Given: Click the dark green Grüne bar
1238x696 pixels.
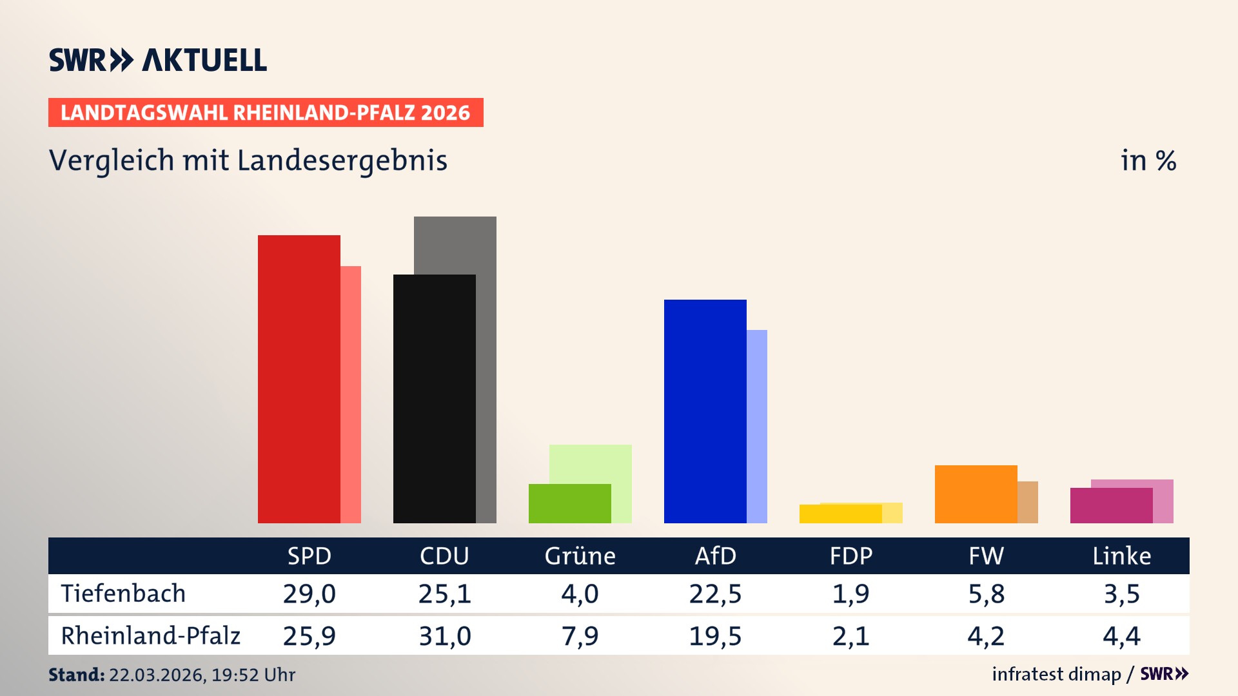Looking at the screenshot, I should [569, 503].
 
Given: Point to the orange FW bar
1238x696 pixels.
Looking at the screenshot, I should [976, 494].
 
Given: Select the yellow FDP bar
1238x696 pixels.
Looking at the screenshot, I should [840, 514].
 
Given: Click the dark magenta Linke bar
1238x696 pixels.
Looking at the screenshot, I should [1111, 505].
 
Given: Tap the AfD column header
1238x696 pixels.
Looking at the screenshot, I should [715, 556].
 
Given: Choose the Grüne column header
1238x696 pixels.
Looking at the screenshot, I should [580, 556].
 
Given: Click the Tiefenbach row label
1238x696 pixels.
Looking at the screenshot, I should [123, 594].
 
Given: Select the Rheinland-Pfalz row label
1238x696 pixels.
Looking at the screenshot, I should [150, 636].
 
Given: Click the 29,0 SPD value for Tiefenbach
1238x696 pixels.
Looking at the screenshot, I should [309, 594].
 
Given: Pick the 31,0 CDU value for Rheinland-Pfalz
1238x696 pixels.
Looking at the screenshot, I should [444, 636].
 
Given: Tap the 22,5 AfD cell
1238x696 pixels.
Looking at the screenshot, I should [715, 594].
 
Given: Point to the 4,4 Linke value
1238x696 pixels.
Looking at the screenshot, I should [1121, 636].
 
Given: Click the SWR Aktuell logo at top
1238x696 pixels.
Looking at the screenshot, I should [157, 60].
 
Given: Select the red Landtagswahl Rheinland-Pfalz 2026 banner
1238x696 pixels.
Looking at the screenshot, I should [266, 113].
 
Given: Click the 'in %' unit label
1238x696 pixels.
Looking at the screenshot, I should [1148, 160].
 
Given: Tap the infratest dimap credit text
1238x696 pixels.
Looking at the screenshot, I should [1056, 674].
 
